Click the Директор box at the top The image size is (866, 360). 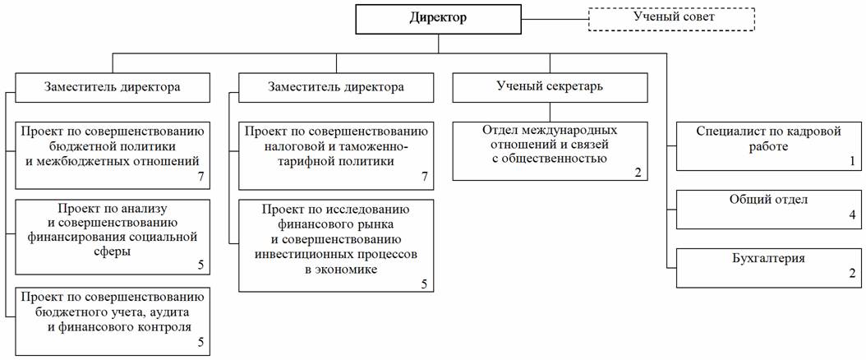pyautogui.click(x=438, y=20)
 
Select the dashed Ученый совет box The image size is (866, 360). pyautogui.click(x=670, y=18)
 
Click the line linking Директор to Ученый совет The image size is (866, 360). pyautogui.click(x=555, y=20)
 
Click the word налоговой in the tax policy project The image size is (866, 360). pyautogui.click(x=289, y=147)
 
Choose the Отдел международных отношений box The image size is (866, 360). pyautogui.click(x=550, y=151)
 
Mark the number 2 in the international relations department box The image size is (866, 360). pyautogui.click(x=638, y=173)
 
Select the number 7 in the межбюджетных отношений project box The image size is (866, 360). pyautogui.click(x=200, y=177)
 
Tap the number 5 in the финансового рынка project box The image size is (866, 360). pyautogui.click(x=424, y=284)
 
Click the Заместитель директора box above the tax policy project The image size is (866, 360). pyautogui.click(x=336, y=87)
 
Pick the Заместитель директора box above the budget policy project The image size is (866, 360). pyautogui.click(x=113, y=87)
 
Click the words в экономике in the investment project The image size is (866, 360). pyautogui.click(x=336, y=270)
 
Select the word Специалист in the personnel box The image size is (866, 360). pyautogui.click(x=724, y=132)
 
